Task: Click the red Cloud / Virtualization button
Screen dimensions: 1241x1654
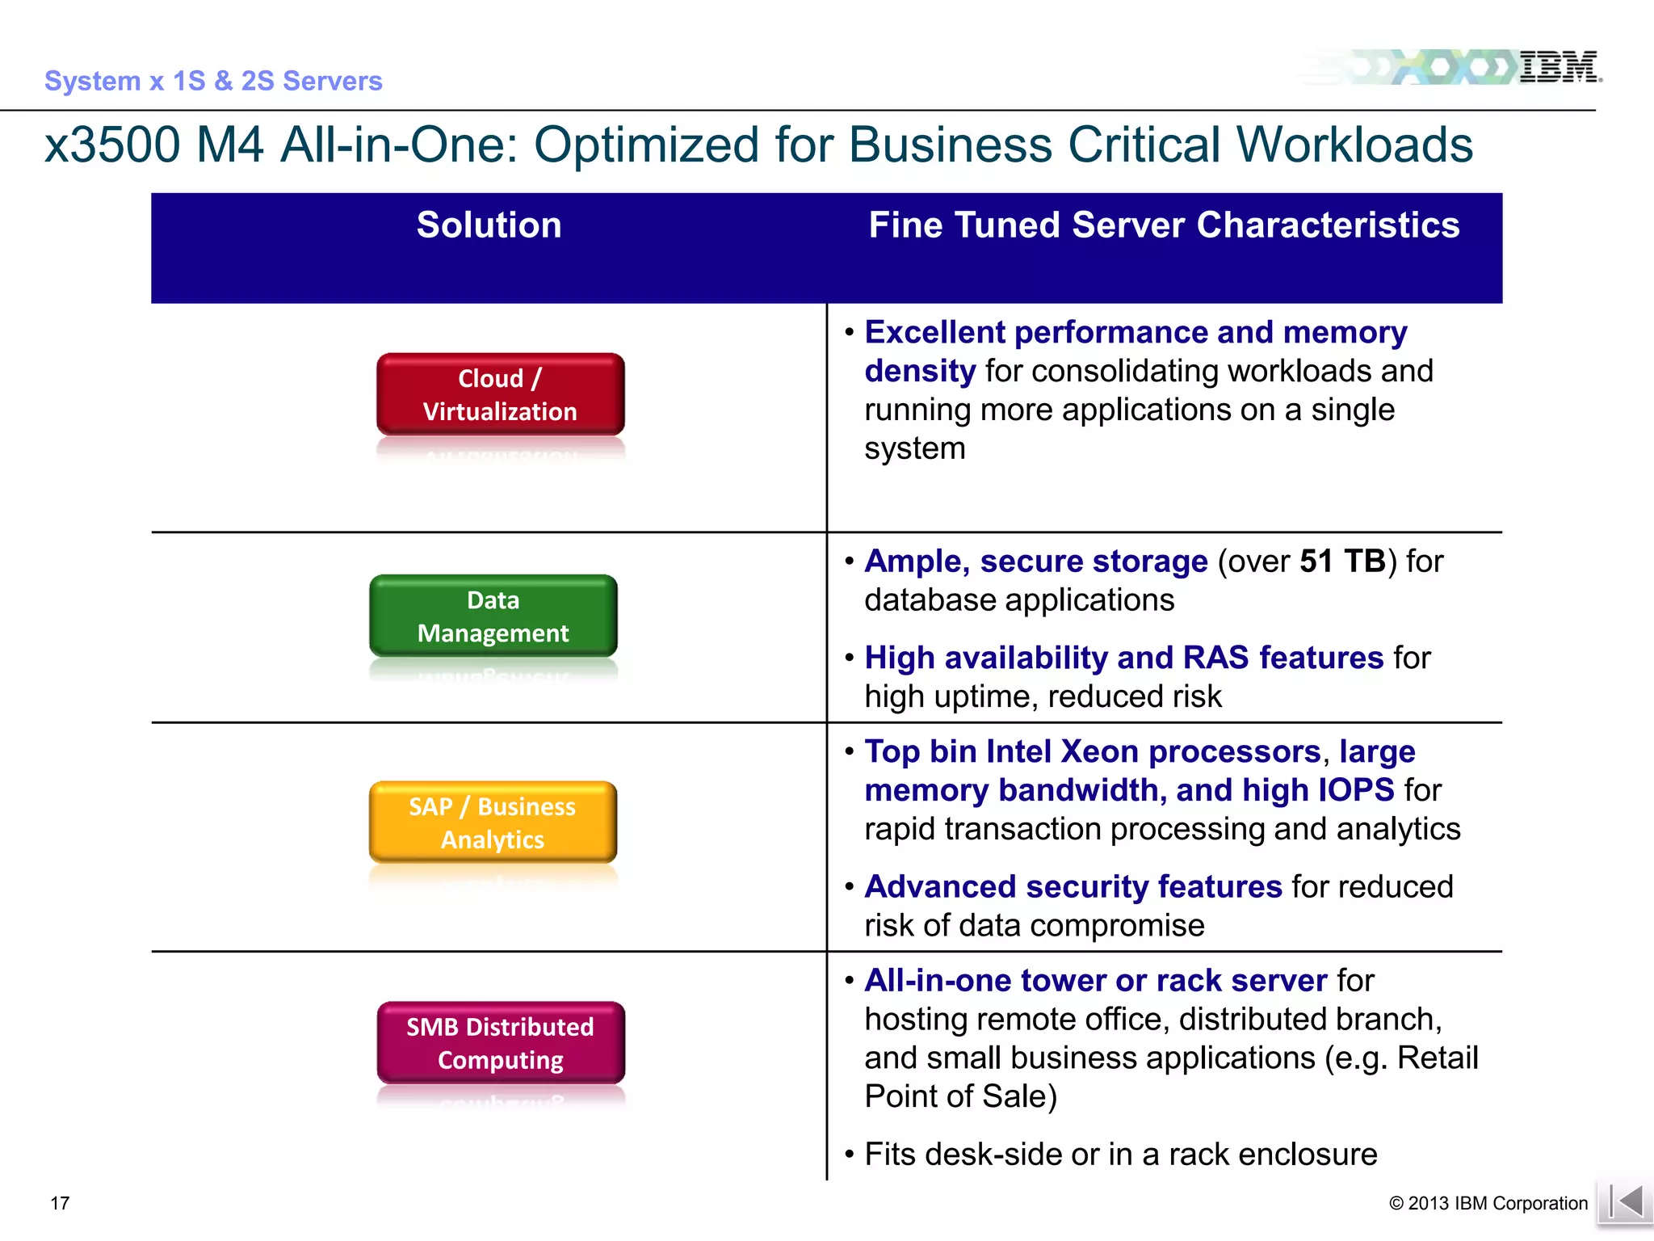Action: (500, 394)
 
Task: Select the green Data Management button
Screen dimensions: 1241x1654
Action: (493, 616)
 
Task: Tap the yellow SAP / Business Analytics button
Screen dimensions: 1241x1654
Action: (493, 822)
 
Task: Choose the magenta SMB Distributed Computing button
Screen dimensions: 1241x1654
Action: (500, 1043)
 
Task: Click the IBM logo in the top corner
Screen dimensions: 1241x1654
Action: (1558, 67)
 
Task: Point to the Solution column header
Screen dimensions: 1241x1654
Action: (489, 225)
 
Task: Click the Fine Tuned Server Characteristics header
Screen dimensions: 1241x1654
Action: (1164, 225)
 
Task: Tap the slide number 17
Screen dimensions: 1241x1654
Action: (60, 1203)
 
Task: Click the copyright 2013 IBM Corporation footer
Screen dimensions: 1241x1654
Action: (1488, 1203)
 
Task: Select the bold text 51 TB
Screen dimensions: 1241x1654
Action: (1342, 562)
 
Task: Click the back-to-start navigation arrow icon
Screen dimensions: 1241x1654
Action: (1625, 1202)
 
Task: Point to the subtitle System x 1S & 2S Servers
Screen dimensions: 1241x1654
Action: (213, 81)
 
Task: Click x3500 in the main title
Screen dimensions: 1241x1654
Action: (112, 145)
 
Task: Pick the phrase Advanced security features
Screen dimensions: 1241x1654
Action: (1073, 887)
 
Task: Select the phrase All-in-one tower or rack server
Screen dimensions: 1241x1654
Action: (1095, 981)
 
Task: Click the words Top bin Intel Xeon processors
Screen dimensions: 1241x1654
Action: (1092, 752)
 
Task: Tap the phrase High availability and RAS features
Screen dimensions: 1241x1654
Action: (1123, 658)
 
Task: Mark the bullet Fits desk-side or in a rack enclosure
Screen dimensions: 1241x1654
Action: (1120, 1155)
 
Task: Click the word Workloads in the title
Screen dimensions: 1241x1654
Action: (1354, 145)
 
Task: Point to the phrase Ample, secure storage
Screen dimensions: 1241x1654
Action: (1035, 562)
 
